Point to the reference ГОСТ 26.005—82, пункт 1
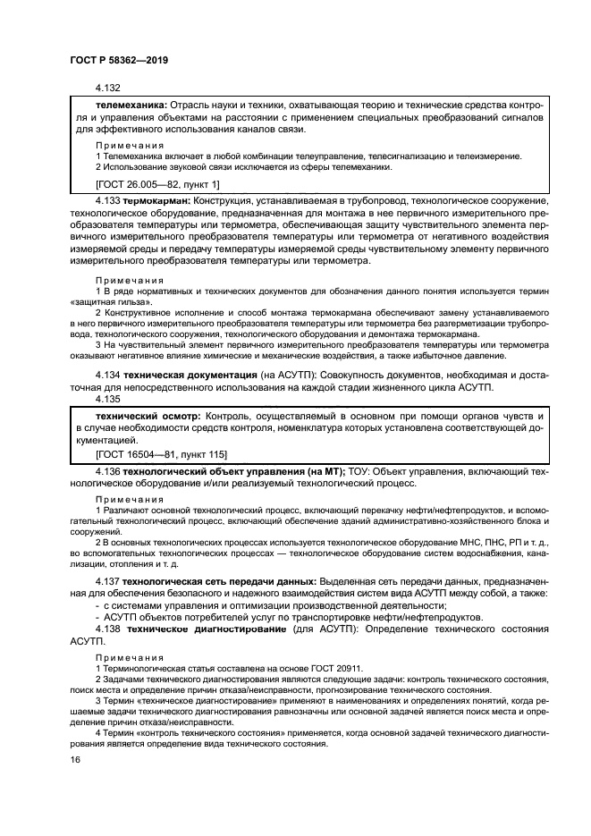tap(156, 183)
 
